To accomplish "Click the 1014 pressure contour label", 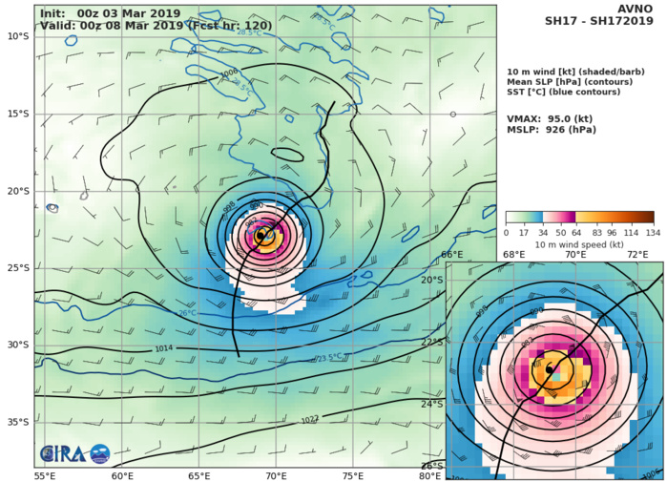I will pos(164,349).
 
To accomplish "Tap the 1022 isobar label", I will pos(338,420).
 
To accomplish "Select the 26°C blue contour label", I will pos(186,312).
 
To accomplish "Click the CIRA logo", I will pos(74,454).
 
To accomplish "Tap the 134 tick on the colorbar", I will pos(654,233).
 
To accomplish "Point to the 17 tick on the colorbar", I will pos(525,233).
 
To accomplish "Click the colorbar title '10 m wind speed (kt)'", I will pos(579,245).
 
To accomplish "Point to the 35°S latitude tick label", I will pos(17,422).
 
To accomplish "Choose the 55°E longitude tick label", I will pos(44,475).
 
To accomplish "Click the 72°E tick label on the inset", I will pos(636,255).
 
